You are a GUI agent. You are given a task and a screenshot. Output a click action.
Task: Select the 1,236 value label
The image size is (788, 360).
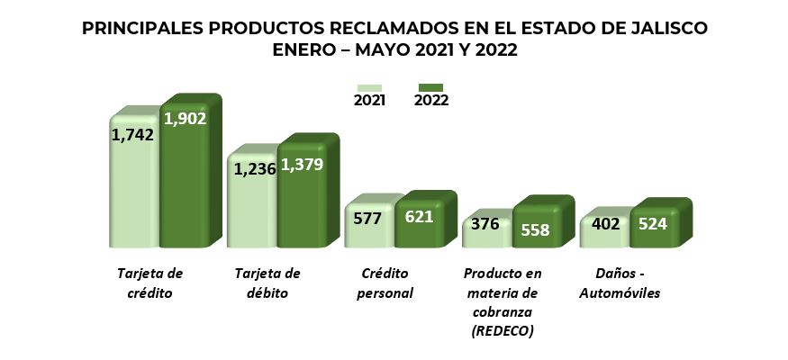tap(252, 168)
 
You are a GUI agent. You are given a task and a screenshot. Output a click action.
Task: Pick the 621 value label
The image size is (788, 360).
tap(419, 216)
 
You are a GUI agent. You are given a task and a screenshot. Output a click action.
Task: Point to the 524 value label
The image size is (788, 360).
tap(652, 223)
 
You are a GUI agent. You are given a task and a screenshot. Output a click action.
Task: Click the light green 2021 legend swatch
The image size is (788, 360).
tap(369, 87)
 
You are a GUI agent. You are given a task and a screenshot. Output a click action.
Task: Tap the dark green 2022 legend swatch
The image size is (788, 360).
tap(430, 87)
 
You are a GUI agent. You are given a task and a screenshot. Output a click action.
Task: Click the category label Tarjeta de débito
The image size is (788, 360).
tap(267, 283)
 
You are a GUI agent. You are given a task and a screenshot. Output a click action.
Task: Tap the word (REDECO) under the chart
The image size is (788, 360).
tap(503, 332)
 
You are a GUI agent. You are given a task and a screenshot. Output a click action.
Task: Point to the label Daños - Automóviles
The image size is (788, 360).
tap(620, 283)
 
